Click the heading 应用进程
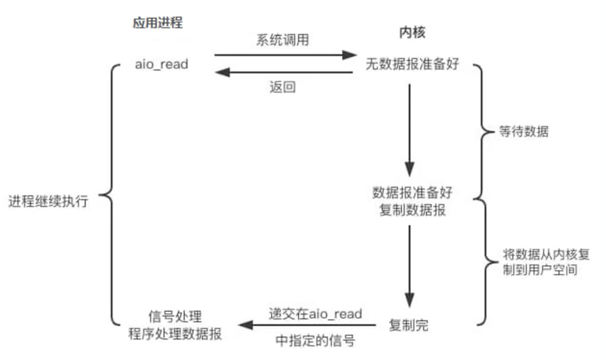pyautogui.click(x=157, y=23)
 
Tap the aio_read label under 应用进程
pyautogui.click(x=161, y=64)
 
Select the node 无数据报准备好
pyautogui.click(x=412, y=64)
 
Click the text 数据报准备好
pyautogui.click(x=412, y=193)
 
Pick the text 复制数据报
pyautogui.click(x=412, y=210)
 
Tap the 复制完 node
pyautogui.click(x=408, y=325)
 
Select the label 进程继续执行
pyautogui.click(x=48, y=201)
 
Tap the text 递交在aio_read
pyautogui.click(x=315, y=313)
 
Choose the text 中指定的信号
pyautogui.click(x=315, y=341)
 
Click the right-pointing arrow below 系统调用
pyautogui.click(x=285, y=55)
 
